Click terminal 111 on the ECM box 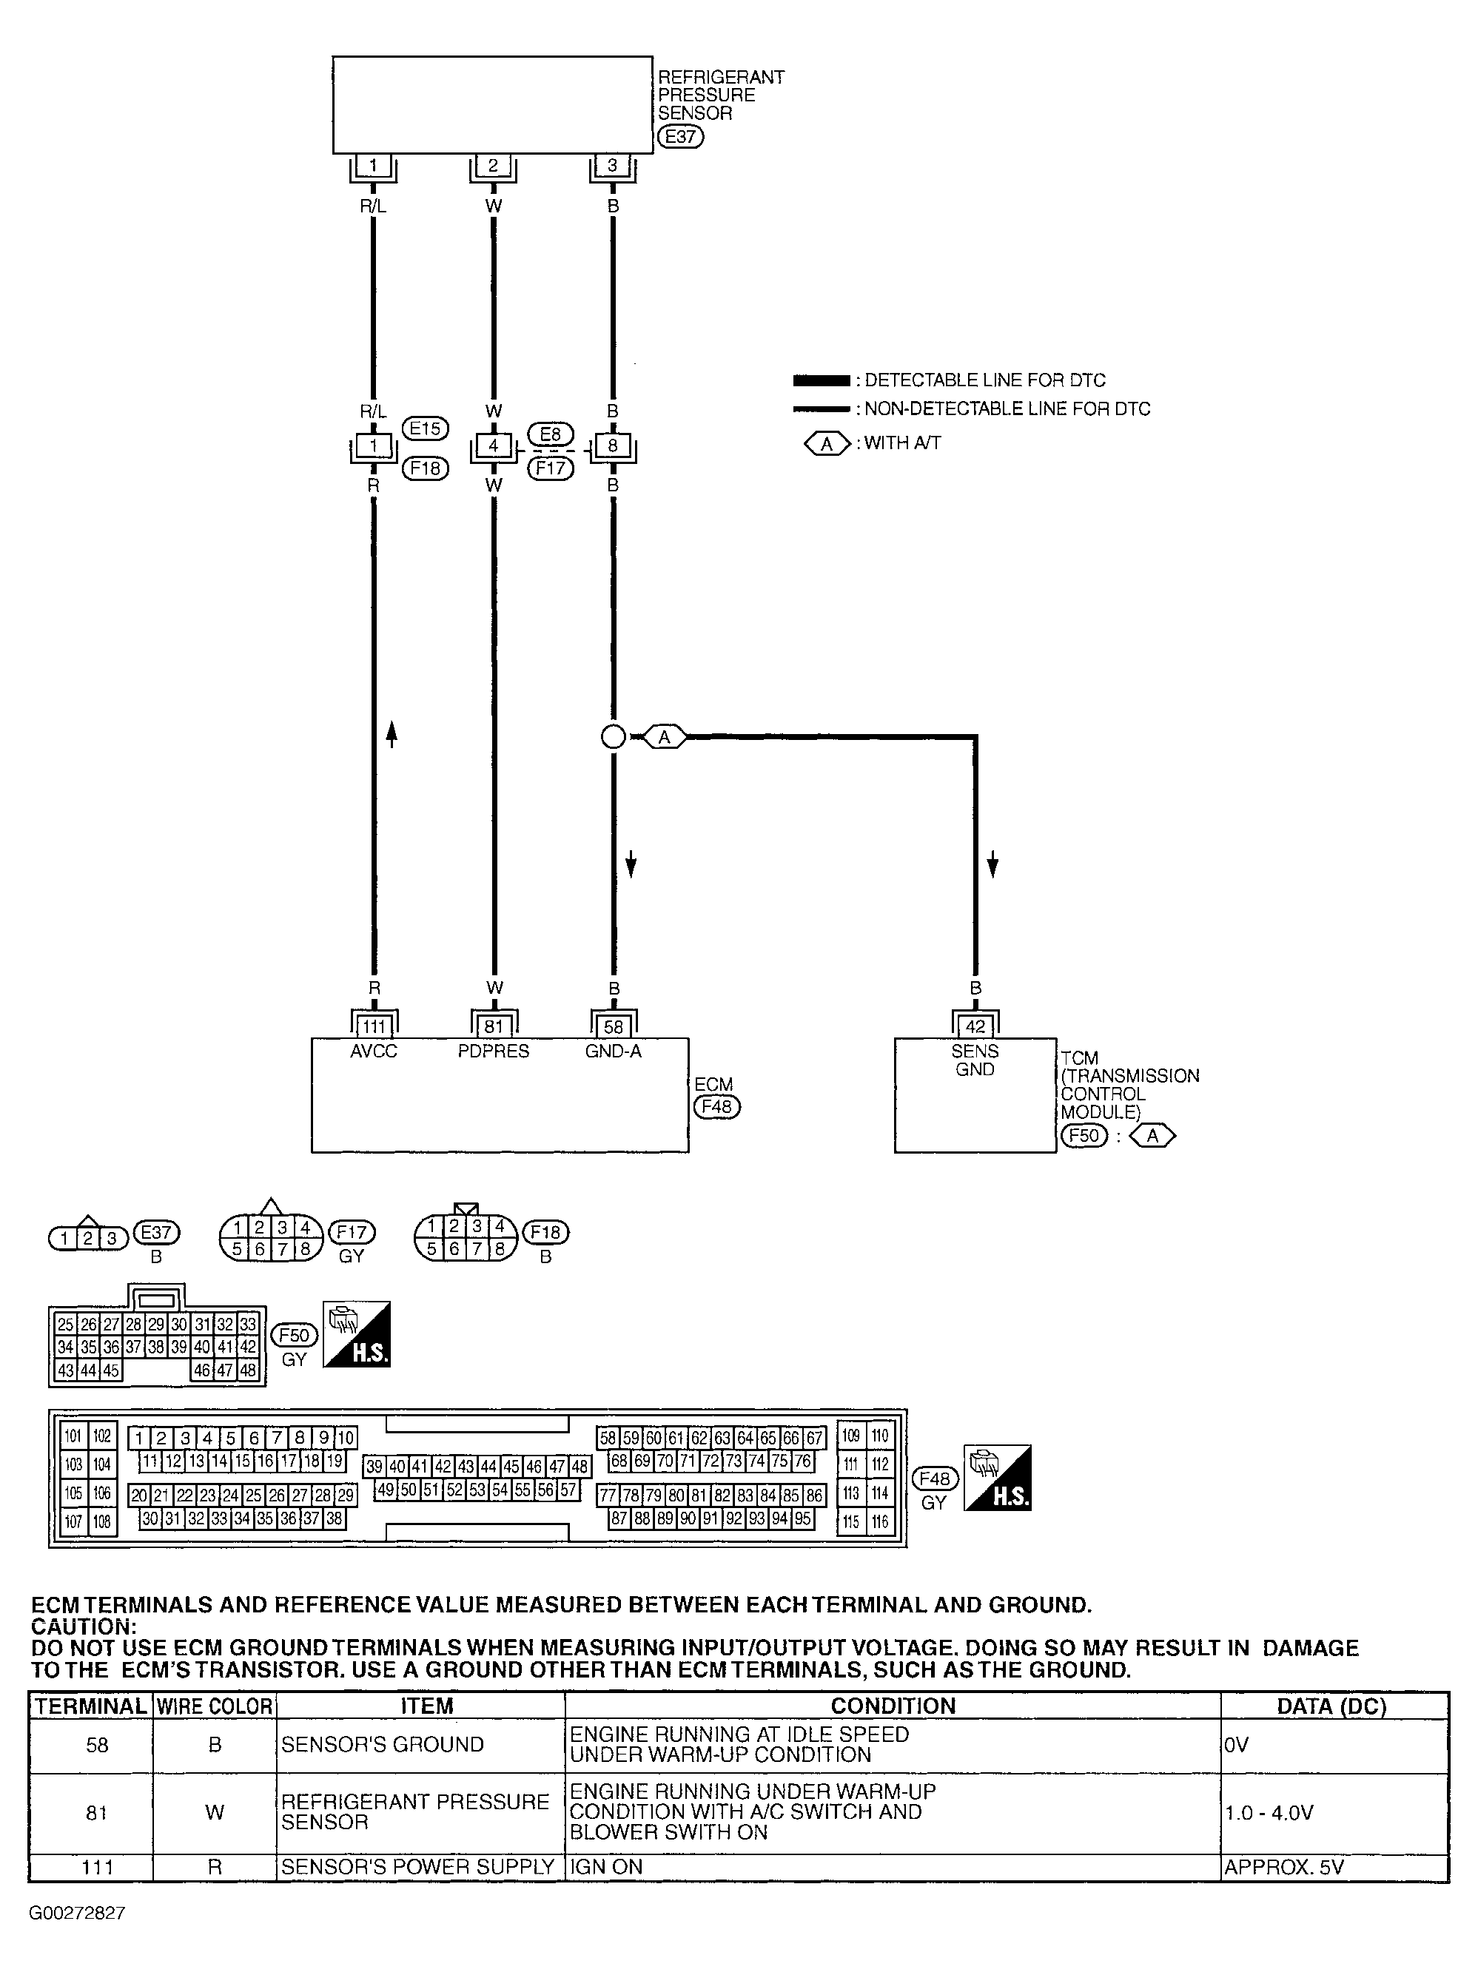coord(373,1027)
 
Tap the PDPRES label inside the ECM coord(493,1052)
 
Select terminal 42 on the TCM coord(975,1027)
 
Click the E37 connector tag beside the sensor coord(680,137)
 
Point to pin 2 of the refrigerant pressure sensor coord(493,165)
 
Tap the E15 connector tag coord(425,428)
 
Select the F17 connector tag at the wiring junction coord(550,467)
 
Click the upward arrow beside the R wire coord(392,733)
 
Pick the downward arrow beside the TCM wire coord(992,864)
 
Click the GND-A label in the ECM coord(614,1052)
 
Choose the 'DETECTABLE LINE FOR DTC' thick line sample coord(822,380)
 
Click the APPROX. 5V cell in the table coord(1283,1867)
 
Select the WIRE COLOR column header coord(215,1706)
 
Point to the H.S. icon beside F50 coord(356,1334)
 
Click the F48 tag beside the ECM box coord(717,1107)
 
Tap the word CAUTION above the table coord(83,1626)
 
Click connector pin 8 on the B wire coord(613,445)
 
